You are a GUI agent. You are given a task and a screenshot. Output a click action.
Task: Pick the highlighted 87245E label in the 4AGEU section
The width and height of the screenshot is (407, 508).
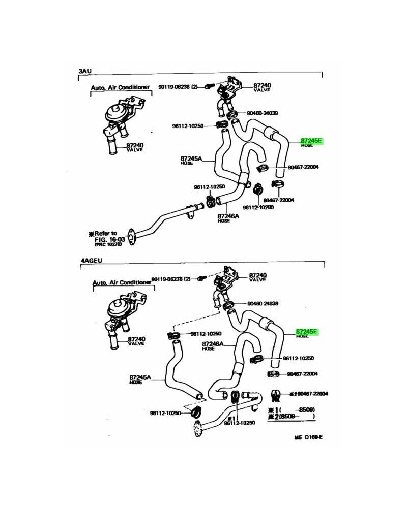click(306, 331)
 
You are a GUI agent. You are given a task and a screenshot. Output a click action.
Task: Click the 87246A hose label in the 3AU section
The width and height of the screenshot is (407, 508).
click(228, 216)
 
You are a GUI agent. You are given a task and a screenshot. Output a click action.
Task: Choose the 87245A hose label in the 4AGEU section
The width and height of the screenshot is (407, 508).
click(140, 378)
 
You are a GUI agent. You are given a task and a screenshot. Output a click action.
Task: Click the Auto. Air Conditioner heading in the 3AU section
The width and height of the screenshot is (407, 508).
click(121, 87)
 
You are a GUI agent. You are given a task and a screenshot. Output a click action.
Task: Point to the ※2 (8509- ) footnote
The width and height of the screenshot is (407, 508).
click(292, 416)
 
